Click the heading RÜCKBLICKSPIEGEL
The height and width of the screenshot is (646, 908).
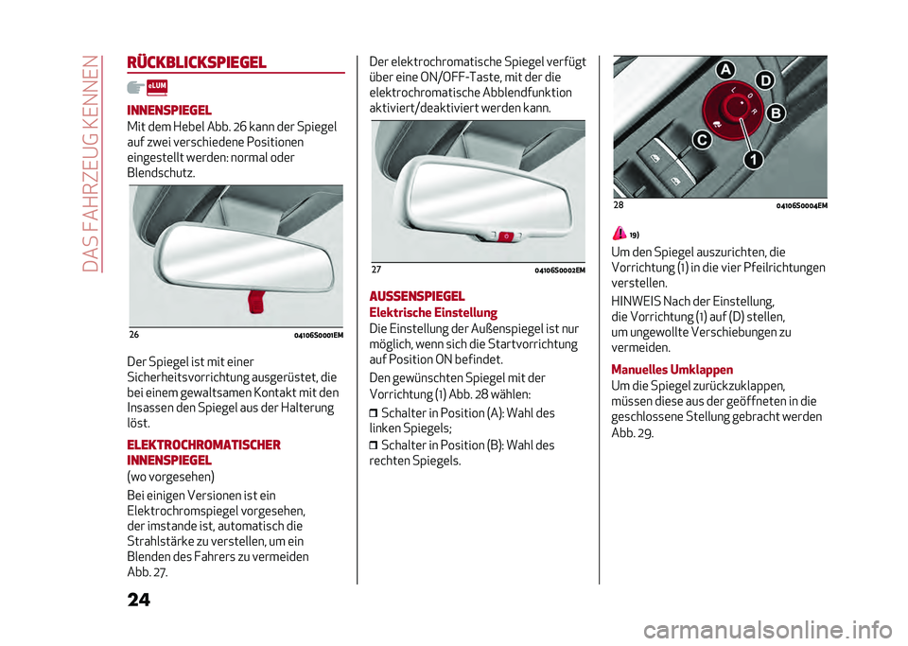[196, 63]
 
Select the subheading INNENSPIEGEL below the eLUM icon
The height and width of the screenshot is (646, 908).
[168, 110]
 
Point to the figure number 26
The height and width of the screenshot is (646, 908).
[133, 335]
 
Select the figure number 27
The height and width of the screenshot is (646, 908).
[375, 271]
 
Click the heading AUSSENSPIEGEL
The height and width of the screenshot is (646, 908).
[416, 296]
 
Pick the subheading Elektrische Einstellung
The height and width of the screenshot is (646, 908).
[432, 312]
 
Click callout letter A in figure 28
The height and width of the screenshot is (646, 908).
[725, 70]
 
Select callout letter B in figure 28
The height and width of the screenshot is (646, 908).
[776, 113]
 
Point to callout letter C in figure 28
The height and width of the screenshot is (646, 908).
[703, 140]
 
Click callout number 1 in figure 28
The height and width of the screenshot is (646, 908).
[752, 161]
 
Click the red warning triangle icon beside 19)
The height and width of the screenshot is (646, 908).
[619, 233]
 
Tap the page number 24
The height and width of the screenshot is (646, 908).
[136, 601]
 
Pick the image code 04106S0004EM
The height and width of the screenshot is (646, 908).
[801, 205]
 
